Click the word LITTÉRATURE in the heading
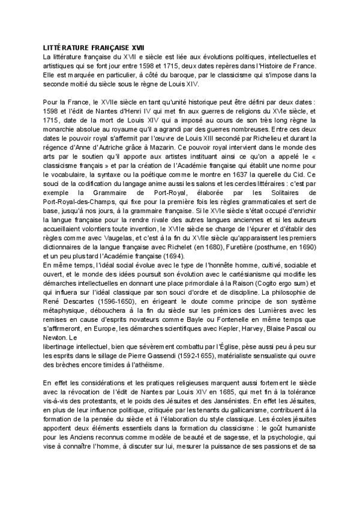coord(65,47)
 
